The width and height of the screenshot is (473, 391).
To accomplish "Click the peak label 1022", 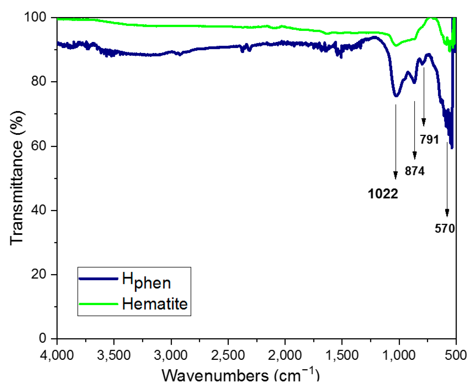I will tap(383, 194).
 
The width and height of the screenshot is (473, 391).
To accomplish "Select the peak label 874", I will tap(415, 171).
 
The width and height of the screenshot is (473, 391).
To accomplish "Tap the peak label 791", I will tap(429, 139).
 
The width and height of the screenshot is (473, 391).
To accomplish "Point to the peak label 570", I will tap(445, 229).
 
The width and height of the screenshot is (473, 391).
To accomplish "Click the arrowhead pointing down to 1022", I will tap(396, 176).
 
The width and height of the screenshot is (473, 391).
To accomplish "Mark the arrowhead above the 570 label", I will tap(447, 213).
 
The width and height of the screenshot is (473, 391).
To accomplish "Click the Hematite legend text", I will tap(155, 304).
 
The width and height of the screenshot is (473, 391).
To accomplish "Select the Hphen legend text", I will tap(146, 281).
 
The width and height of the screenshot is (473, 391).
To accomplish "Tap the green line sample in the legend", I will tap(98, 304).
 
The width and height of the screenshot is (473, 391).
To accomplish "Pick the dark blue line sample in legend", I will tap(98, 279).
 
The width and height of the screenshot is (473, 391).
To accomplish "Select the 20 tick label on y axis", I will tap(39, 274).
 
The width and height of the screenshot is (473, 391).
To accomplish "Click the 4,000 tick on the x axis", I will tap(57, 355).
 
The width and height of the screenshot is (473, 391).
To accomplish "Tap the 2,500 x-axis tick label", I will tap(228, 355).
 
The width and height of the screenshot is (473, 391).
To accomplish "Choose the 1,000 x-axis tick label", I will tap(399, 355).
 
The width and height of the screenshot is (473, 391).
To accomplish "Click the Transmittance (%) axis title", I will tap(17, 178).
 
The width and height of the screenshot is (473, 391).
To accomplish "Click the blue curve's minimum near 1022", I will tap(396, 96).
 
